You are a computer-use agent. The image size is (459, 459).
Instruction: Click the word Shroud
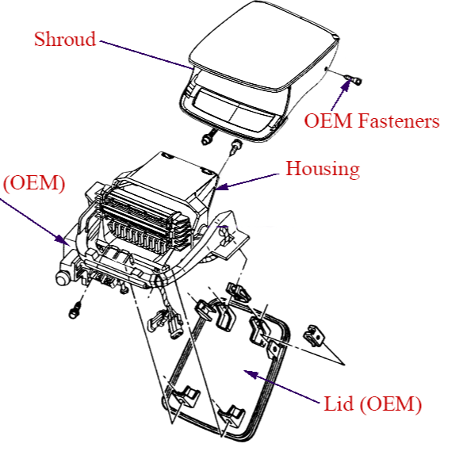point(65,39)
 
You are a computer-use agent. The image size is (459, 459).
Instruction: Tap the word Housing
point(323,169)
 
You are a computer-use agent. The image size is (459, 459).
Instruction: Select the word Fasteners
point(399,120)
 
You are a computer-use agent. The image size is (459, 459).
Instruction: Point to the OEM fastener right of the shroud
point(354,79)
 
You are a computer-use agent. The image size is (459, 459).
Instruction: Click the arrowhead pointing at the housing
point(222,186)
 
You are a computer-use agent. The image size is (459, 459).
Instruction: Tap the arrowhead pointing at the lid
point(251,374)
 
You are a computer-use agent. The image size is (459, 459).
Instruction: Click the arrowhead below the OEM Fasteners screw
point(346,86)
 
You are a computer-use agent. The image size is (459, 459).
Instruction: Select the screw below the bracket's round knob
point(75,311)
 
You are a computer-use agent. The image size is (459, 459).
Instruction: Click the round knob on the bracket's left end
point(63,278)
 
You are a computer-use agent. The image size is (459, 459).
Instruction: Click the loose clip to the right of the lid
point(314,335)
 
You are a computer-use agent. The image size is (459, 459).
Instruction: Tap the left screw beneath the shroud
point(208,138)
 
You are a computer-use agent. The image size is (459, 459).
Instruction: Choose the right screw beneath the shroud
point(236,147)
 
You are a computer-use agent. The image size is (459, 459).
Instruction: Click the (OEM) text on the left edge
point(34,183)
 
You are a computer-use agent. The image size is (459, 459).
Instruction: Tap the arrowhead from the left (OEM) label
point(62,239)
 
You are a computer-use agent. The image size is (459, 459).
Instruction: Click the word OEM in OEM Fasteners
point(328,120)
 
